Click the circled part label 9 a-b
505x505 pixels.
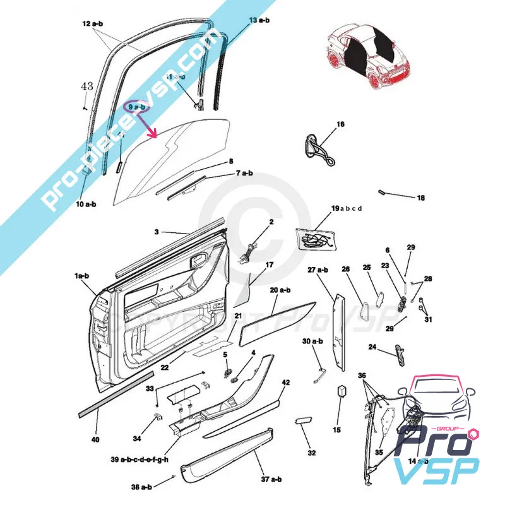click(136, 108)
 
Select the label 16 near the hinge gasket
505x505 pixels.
click(340, 124)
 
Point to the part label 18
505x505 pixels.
click(420, 198)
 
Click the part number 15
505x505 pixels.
click(336, 430)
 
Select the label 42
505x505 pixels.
click(286, 383)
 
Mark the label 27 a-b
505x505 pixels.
click(318, 270)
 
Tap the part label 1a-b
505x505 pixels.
click(82, 276)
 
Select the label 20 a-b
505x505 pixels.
click(280, 290)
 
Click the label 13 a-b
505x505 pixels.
click(259, 21)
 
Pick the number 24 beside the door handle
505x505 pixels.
click(372, 347)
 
